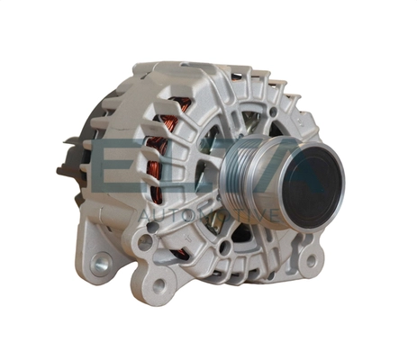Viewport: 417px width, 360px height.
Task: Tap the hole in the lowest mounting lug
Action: click(159, 287)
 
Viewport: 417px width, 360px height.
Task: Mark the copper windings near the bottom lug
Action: click(180, 253)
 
